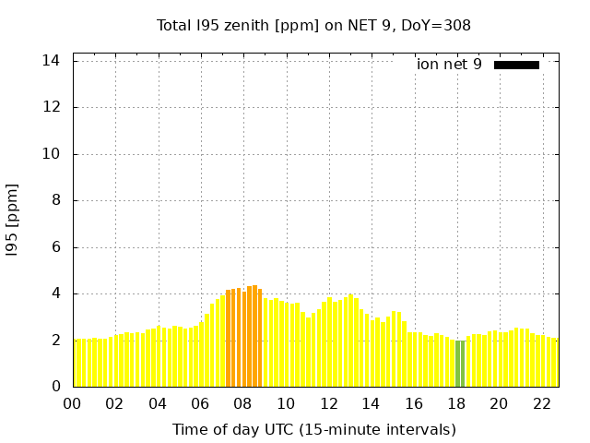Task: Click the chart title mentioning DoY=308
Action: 313,26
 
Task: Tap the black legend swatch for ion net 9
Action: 516,65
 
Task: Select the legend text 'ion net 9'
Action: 449,65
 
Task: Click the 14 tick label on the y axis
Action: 52,61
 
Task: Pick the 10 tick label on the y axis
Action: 52,154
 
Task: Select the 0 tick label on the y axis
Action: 56,387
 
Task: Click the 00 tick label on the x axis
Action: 72,404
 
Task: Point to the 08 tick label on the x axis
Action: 242,404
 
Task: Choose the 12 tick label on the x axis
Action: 328,404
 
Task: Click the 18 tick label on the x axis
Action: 456,404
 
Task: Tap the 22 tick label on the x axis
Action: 542,404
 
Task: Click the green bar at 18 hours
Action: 459,365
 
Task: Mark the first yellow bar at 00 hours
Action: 77,364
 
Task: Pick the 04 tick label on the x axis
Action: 158,404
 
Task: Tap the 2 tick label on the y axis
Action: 56,341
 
